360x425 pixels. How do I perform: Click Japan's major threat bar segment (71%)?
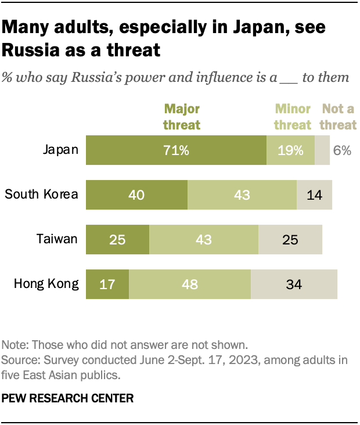pyautogui.click(x=176, y=150)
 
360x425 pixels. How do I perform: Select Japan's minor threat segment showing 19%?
pyautogui.click(x=290, y=150)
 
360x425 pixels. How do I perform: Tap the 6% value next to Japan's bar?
pyautogui.click(x=342, y=150)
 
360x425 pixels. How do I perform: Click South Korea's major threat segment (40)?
pyautogui.click(x=136, y=195)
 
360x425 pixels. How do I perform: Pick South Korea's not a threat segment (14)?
pyautogui.click(x=314, y=195)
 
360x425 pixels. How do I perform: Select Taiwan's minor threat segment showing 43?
pyautogui.click(x=203, y=239)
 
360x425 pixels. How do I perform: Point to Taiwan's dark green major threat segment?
pyautogui.click(x=117, y=239)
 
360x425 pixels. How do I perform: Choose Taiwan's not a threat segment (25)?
pyautogui.click(x=290, y=239)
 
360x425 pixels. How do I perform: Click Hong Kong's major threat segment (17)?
pyautogui.click(x=107, y=284)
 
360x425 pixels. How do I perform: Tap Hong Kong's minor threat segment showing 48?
pyautogui.click(x=189, y=284)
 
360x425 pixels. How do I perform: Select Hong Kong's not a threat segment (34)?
pyautogui.click(x=294, y=284)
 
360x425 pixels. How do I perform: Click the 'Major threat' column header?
pyautogui.click(x=182, y=117)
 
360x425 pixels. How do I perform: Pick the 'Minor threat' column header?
pyautogui.click(x=293, y=117)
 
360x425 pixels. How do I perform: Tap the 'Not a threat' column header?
pyautogui.click(x=339, y=117)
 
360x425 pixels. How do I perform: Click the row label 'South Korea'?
pyautogui.click(x=41, y=194)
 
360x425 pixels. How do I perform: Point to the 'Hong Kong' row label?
pyautogui.click(x=46, y=284)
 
